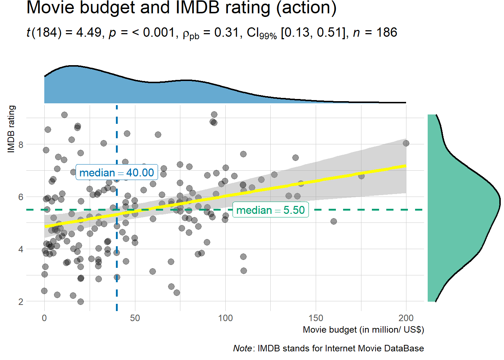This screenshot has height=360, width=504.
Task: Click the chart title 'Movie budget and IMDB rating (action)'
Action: pos(181,8)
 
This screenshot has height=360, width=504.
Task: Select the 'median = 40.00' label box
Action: pos(117,173)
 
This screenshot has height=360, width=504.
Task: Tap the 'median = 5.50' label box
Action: pos(270,210)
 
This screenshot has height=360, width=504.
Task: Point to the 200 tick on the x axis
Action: pos(406,318)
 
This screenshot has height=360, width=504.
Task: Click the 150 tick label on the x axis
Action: pos(316,318)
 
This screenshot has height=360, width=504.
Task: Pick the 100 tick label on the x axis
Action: pos(225,318)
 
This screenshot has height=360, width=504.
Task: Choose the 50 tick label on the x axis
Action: pos(135,318)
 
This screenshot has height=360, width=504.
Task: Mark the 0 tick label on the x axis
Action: pos(44,318)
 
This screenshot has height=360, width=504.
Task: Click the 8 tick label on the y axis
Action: pos(21,145)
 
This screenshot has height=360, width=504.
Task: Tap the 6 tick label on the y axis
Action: pos(21,197)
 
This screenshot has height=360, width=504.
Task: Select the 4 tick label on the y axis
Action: pos(21,249)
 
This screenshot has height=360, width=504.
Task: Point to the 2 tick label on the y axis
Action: pos(21,302)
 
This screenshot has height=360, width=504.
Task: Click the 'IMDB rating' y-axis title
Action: pos(11,129)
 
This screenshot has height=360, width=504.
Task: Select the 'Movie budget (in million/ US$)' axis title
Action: pos(363,329)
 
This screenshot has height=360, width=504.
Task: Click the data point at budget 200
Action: pos(406,143)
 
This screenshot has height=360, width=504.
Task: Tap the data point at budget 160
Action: pos(334,221)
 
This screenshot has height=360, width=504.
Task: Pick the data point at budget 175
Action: pos(361,176)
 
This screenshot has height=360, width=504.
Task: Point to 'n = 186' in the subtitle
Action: pos(375,33)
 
